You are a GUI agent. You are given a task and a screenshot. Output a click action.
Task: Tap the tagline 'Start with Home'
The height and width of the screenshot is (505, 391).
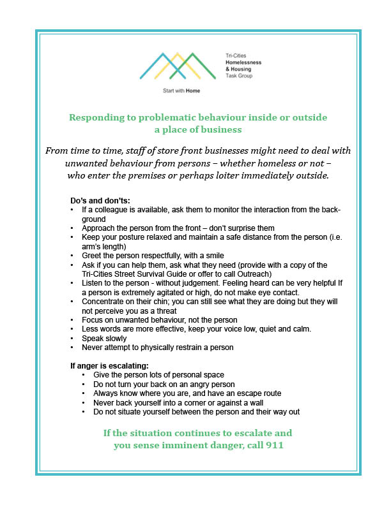[182, 91]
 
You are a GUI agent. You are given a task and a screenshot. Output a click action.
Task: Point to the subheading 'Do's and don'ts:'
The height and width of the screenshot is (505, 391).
[99, 201]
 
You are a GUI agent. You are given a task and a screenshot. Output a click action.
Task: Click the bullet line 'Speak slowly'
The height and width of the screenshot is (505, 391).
[104, 339]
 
